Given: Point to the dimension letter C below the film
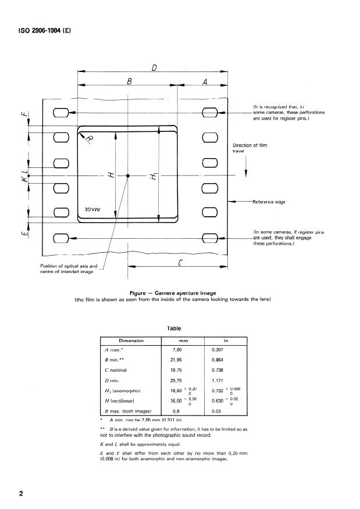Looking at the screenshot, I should pos(180,262).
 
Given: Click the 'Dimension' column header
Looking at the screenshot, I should pos(131,340).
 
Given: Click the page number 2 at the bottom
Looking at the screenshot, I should pos(22,493).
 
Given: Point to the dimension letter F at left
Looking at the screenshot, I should pos(24,114).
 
